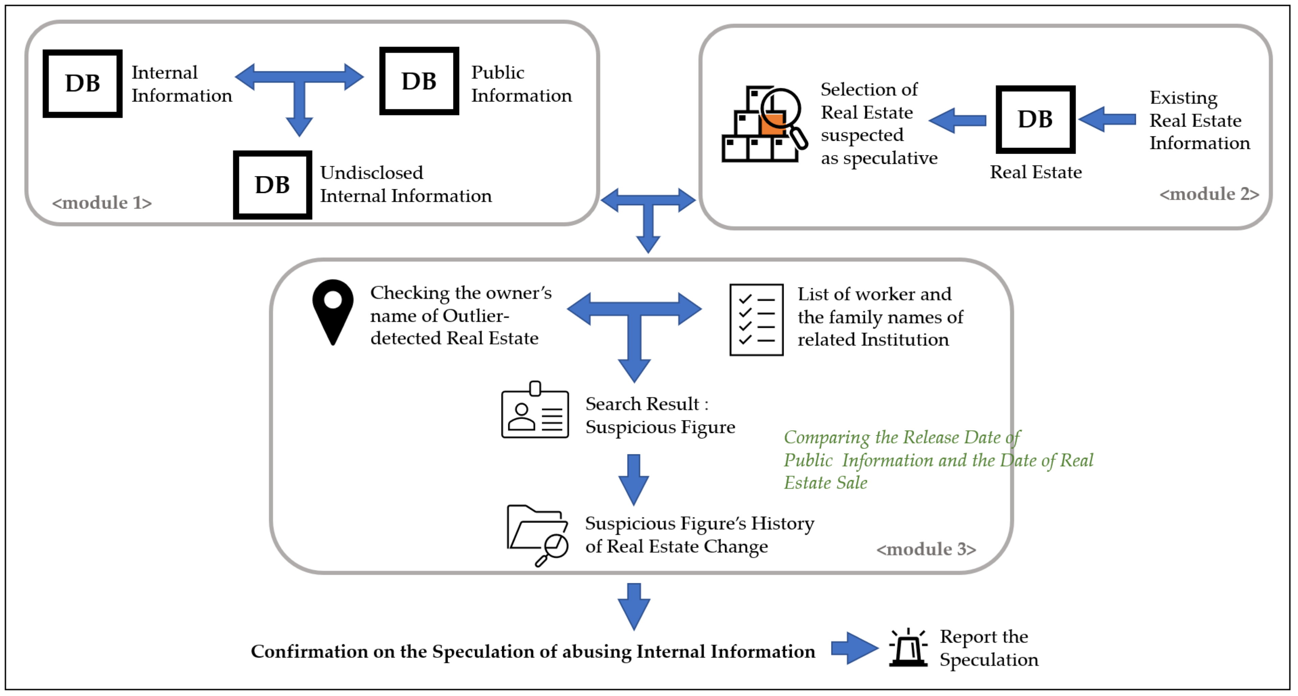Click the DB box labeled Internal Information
tap(83, 84)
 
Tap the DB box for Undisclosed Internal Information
tap(273, 185)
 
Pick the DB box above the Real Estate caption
tap(1035, 119)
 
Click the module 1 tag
tap(102, 202)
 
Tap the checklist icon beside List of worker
tap(756, 320)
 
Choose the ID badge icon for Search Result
tap(535, 410)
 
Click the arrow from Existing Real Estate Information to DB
tap(1107, 119)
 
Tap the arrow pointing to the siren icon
tap(855, 648)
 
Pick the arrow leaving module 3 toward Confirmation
tap(633, 607)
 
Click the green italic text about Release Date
tap(938, 460)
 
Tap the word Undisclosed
tap(372, 173)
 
